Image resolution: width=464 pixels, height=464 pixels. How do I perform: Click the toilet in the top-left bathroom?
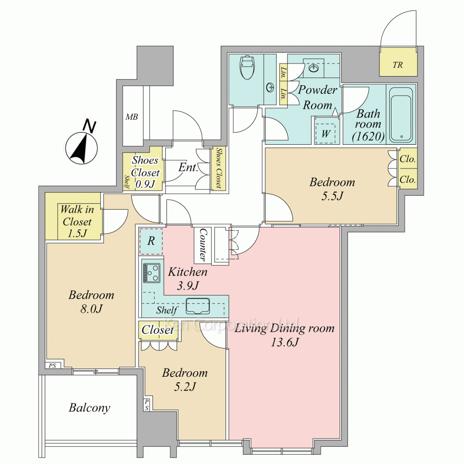point(248,68)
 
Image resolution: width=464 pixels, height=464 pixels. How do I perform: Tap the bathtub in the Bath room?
point(401,115)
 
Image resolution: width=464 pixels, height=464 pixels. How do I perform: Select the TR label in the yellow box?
point(398,65)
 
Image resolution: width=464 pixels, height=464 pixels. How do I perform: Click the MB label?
point(132,117)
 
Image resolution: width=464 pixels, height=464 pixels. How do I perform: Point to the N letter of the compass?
point(89,126)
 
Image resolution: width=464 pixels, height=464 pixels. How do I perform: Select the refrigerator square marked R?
point(151,241)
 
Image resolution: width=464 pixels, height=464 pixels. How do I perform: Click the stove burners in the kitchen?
point(152,272)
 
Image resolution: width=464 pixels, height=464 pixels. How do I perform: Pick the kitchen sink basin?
point(198,306)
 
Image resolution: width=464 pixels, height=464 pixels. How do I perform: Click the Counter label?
point(203,245)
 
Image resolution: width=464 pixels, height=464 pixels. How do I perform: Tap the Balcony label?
point(90,408)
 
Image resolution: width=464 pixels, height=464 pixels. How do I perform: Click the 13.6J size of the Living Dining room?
point(284,342)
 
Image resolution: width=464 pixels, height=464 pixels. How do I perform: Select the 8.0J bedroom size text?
point(91,309)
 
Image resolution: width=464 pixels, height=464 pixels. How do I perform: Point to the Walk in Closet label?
point(77,221)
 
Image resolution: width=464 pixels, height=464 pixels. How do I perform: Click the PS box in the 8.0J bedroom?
point(53,366)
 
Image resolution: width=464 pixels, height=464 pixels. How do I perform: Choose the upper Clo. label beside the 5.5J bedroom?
point(407,159)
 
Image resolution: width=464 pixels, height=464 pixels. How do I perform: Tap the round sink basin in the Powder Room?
point(313,69)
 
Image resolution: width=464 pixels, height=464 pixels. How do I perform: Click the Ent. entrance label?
point(188,168)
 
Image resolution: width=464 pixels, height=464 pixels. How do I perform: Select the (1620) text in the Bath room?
point(368,136)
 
